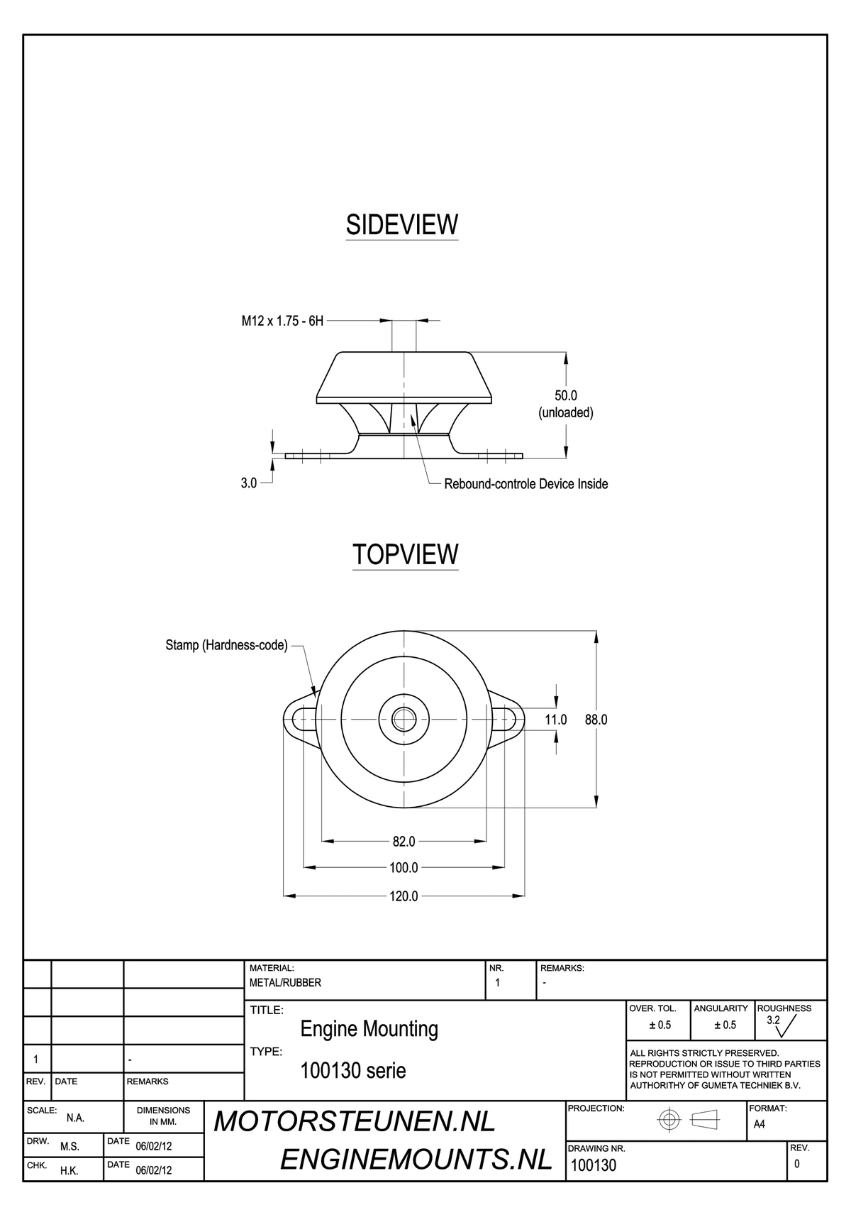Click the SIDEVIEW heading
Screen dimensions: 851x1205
click(401, 224)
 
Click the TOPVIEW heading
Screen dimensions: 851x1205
click(406, 554)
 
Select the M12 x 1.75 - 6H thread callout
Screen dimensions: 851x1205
click(282, 321)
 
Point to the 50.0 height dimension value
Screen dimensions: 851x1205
click(565, 395)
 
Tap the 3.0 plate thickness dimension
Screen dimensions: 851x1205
click(249, 483)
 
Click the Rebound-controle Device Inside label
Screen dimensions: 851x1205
click(525, 483)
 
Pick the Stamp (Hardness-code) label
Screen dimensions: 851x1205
click(226, 645)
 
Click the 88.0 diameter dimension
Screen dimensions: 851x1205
click(596, 720)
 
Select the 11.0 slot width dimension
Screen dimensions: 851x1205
click(556, 720)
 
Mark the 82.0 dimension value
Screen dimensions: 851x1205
click(404, 842)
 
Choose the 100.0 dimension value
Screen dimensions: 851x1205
click(404, 867)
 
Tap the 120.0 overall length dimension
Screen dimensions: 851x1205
click(404, 896)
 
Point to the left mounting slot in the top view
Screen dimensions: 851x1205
click(304, 719)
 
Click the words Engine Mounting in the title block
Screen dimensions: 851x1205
click(369, 1029)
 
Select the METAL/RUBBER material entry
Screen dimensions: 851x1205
click(285, 983)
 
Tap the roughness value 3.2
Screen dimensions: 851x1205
click(773, 1020)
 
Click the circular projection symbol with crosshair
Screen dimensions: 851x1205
click(669, 1120)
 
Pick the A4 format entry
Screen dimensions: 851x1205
click(759, 1124)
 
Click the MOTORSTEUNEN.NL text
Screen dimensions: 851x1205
click(355, 1122)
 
